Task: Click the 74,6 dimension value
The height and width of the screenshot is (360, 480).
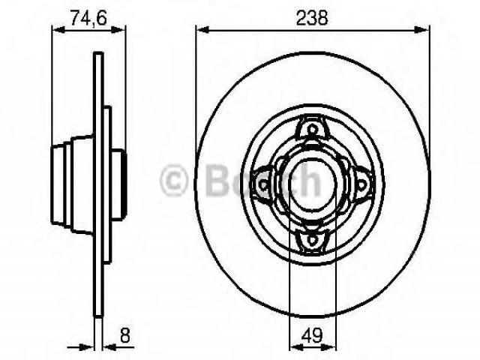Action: coord(88,18)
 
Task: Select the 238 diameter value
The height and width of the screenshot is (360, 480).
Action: coord(312,18)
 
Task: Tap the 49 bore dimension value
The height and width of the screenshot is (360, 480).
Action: coord(312,335)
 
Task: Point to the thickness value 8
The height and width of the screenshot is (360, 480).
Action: coord(125,335)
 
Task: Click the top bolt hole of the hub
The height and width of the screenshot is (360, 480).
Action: coord(312,128)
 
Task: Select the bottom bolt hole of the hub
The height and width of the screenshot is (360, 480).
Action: coord(312,239)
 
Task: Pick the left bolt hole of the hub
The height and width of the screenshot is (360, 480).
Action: coord(263,184)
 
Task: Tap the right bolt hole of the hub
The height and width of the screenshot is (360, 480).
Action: coord(361,184)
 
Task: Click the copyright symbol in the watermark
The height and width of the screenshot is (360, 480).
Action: coord(173,180)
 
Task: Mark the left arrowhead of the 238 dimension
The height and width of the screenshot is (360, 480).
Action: coord(202,30)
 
